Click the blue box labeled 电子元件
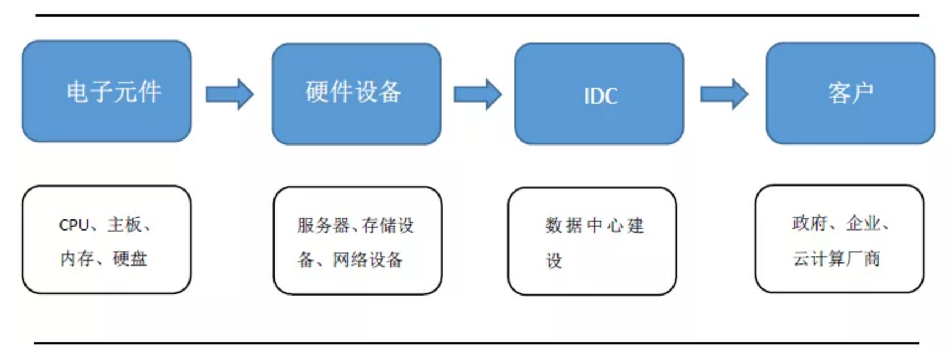[107, 91]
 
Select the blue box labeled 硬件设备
[357, 93]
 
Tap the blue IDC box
[599, 93]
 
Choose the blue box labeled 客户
[850, 93]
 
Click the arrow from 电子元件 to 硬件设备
[230, 94]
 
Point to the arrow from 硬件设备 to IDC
[478, 94]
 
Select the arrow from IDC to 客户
[724, 94]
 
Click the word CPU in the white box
[74, 225]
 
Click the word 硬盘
[130, 258]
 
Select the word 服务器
[323, 225]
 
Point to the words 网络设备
[367, 259]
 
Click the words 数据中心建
[595, 225]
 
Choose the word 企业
[863, 223]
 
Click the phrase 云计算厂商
[836, 258]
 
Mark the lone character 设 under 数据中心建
[554, 261]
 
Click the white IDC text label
[601, 96]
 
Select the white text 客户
[850, 93]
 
